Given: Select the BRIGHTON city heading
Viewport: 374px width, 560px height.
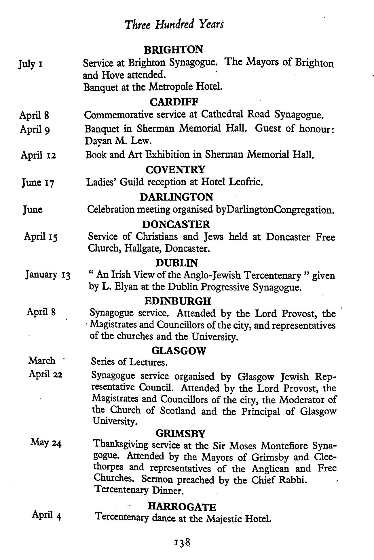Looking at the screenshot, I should coord(173,50).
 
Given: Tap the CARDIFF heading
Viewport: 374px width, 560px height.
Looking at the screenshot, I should coord(174,102).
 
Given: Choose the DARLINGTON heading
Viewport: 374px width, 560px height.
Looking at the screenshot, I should coord(176,197).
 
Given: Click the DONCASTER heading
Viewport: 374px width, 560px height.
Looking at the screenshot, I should coord(176,224).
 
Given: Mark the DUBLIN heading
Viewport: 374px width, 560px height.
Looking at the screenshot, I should coord(176,263).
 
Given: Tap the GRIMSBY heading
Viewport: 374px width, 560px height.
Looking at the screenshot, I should coord(180,433).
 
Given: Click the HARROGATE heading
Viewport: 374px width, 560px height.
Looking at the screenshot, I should coord(182,507).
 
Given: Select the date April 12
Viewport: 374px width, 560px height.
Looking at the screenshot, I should coord(38,155).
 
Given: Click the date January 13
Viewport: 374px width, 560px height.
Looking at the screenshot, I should coord(48,275).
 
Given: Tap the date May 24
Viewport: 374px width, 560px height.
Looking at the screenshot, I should coord(46,443).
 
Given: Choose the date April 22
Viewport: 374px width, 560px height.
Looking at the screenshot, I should coord(45,374).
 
